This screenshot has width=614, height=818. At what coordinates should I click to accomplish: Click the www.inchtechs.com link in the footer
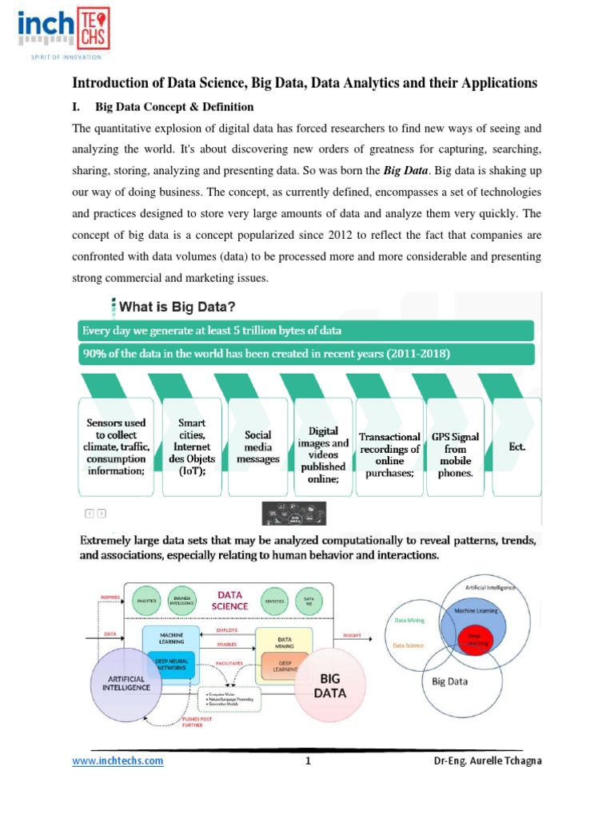click(x=118, y=761)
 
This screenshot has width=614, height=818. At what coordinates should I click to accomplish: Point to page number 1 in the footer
click(x=307, y=761)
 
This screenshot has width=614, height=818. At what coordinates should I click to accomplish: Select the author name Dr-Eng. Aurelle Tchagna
click(x=482, y=761)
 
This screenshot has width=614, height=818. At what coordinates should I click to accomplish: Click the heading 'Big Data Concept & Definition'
click(x=174, y=107)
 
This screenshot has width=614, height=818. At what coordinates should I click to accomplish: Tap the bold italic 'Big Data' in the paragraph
click(x=408, y=171)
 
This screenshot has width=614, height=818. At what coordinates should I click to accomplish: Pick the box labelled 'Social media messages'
click(x=262, y=447)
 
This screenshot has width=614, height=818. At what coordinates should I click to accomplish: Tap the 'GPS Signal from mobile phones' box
click(x=457, y=455)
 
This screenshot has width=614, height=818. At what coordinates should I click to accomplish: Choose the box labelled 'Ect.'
click(x=517, y=447)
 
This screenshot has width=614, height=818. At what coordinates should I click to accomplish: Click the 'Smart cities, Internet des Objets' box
click(x=192, y=447)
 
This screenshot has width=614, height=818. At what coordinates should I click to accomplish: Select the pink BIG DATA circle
click(x=331, y=685)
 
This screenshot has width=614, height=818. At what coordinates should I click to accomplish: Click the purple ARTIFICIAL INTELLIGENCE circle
click(x=125, y=681)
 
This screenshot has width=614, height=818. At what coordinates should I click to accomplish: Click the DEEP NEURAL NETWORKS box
click(x=169, y=664)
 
